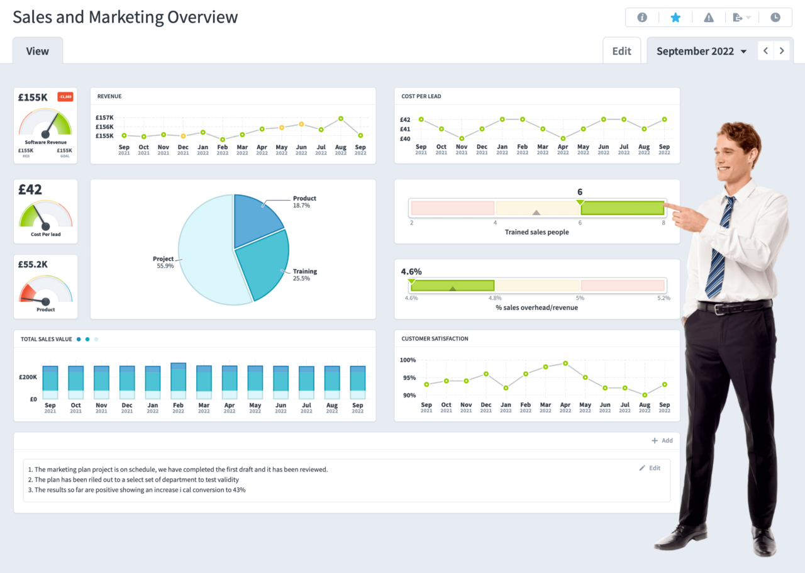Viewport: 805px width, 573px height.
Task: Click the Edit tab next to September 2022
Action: [621, 51]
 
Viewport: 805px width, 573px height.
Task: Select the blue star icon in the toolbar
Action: [675, 18]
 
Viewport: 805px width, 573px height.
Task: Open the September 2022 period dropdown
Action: [701, 52]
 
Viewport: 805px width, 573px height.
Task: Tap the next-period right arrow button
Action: [782, 51]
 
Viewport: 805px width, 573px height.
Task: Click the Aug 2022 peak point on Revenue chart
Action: [340, 118]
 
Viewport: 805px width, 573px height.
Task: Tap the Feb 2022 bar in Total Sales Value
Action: [179, 381]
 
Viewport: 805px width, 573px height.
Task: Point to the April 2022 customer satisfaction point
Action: [565, 364]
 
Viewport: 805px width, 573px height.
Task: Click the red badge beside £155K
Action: [65, 97]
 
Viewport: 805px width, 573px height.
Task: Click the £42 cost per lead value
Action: [30, 189]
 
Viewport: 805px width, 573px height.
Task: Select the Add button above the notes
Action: [662, 441]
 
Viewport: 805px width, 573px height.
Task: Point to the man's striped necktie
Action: [718, 252]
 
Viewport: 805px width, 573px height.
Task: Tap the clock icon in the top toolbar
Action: [775, 18]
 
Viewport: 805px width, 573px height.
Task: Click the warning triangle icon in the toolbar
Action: [709, 18]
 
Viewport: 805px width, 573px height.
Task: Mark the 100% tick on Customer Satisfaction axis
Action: [408, 360]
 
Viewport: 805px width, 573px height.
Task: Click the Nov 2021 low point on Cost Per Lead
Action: [462, 138]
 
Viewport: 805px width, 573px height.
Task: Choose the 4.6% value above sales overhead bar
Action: [411, 272]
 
